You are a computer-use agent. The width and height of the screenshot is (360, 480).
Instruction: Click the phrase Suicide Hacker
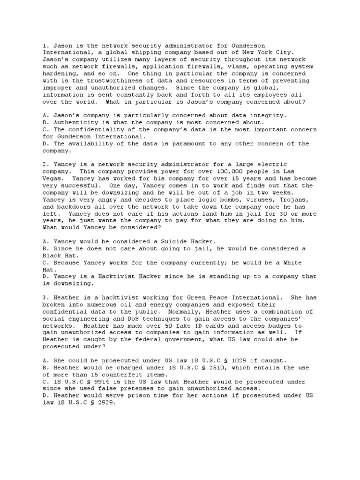point(186,241)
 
